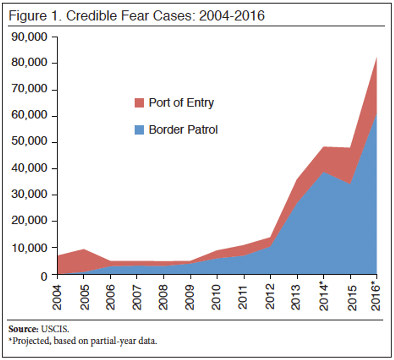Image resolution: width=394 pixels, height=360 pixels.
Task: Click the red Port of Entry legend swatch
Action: click(x=139, y=103)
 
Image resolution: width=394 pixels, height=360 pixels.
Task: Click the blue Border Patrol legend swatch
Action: click(x=139, y=130)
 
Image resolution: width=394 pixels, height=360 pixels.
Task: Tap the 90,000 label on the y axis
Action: click(x=29, y=37)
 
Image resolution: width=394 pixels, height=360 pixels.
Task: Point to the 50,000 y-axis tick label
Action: click(x=29, y=141)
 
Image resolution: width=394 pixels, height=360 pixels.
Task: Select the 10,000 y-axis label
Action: click(x=29, y=248)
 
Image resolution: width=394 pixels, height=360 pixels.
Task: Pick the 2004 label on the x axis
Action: click(x=57, y=297)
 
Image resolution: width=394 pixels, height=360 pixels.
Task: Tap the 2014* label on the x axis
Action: click(x=324, y=296)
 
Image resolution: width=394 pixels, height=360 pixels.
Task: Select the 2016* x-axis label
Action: click(x=376, y=296)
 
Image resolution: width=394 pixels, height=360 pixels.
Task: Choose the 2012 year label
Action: click(x=270, y=297)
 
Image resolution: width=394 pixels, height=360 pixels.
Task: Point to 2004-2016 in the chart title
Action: click(x=232, y=16)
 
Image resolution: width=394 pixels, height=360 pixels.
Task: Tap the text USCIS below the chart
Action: click(x=55, y=329)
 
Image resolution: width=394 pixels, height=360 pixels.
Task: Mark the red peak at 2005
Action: click(x=84, y=249)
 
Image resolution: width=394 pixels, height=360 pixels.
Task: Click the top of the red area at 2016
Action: click(x=376, y=57)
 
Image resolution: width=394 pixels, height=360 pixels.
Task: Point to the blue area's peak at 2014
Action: click(x=324, y=172)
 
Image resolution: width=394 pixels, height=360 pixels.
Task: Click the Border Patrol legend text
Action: click(x=183, y=130)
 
